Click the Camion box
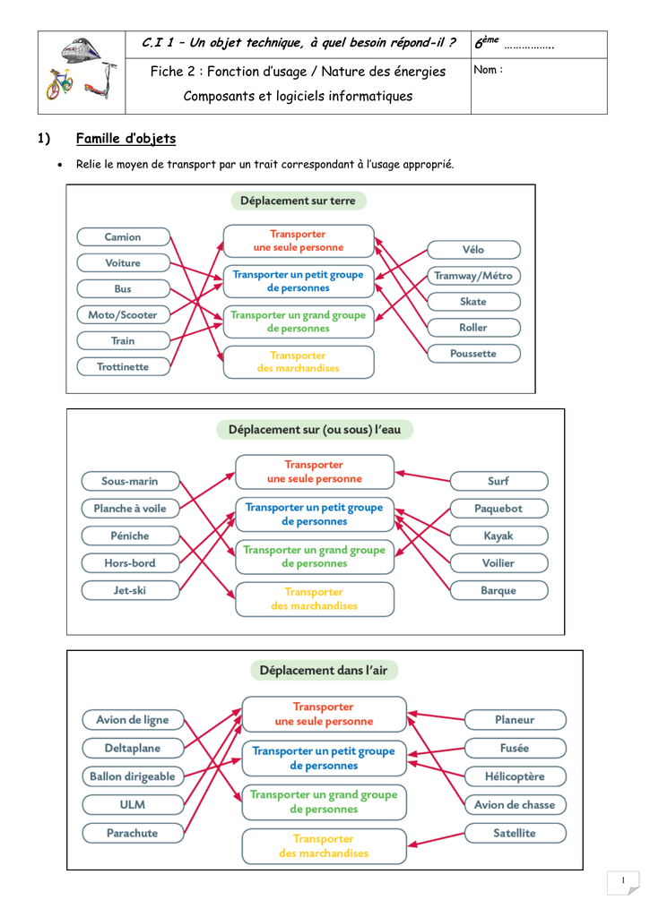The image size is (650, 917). tap(123, 236)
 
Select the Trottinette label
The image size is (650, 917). tap(123, 366)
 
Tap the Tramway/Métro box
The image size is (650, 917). tap(473, 276)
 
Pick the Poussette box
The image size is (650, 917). tap(473, 353)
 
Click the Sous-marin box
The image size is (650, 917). tap(130, 481)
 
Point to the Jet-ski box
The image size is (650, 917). tap(130, 591)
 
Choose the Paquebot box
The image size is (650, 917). tap(498, 509)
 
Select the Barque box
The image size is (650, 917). tap(498, 591)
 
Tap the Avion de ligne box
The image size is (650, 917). tap(133, 720)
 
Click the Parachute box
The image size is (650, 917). tap(133, 833)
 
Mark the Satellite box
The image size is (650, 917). tap(516, 833)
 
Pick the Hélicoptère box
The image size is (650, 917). tap(516, 776)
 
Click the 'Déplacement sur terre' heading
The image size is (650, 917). tap(298, 201)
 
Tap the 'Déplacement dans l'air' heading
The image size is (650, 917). tap(324, 670)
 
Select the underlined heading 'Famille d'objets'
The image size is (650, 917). tap(126, 139)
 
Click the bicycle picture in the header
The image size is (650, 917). tap(59, 83)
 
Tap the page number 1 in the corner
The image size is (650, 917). tap(623, 880)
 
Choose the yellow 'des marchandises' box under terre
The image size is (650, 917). tap(299, 362)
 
